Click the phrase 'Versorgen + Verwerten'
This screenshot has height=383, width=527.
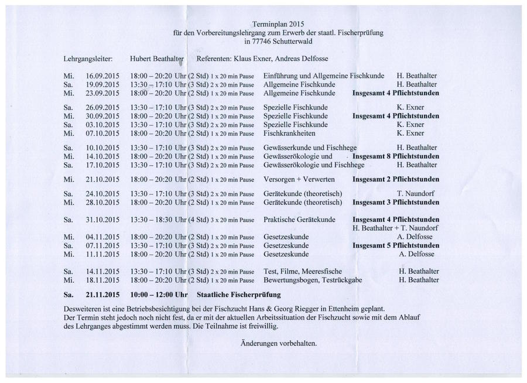[299, 179]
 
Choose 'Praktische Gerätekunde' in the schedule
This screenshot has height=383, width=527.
[299, 220]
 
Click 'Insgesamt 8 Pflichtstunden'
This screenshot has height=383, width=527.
[396, 156]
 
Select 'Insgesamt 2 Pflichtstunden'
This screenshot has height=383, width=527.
[396, 179]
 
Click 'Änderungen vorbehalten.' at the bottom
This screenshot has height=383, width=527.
[279, 343]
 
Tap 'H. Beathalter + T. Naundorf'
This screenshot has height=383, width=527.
[396, 228]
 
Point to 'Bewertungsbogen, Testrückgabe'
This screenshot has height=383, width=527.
[312, 280]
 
